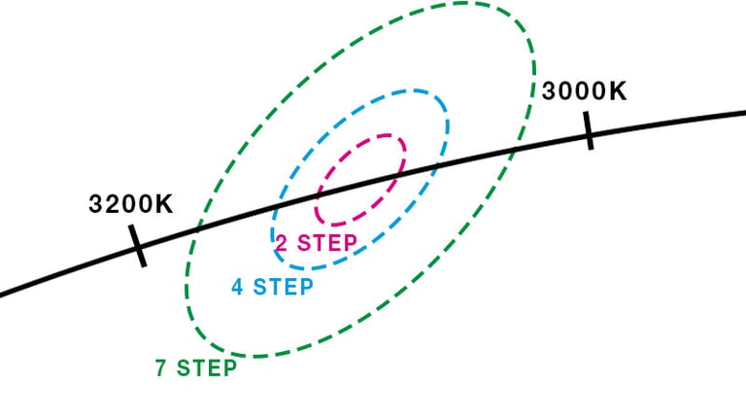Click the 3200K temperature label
click(130, 205)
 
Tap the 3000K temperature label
click(584, 91)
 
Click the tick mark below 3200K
click(137, 245)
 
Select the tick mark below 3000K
click(589, 129)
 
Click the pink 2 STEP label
click(316, 243)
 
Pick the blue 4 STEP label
click(272, 287)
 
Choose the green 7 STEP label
click(196, 368)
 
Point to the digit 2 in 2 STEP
click(280, 243)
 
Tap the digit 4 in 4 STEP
click(237, 287)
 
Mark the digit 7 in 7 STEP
click(160, 368)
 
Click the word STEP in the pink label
click(326, 243)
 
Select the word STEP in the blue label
click(284, 287)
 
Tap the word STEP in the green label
click(208, 368)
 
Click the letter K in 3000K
click(617, 91)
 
